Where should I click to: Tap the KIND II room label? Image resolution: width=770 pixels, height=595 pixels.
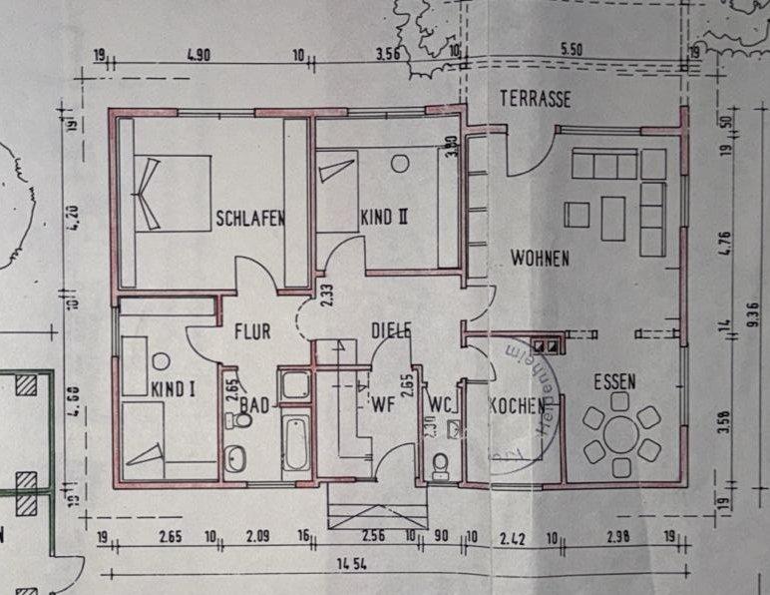(x=386, y=217)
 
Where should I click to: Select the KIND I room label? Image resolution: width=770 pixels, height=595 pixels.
(x=173, y=387)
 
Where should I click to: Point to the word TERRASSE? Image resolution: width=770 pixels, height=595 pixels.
(x=537, y=99)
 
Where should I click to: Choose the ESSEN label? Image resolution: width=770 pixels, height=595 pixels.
(x=615, y=380)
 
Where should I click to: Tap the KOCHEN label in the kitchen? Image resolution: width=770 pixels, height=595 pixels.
(x=516, y=406)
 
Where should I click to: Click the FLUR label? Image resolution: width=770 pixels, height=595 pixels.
(x=253, y=329)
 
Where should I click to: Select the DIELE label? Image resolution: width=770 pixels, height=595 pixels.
(x=391, y=330)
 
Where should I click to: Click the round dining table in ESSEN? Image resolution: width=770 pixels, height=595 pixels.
(x=622, y=434)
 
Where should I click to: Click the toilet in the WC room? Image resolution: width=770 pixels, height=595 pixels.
(x=440, y=464)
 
